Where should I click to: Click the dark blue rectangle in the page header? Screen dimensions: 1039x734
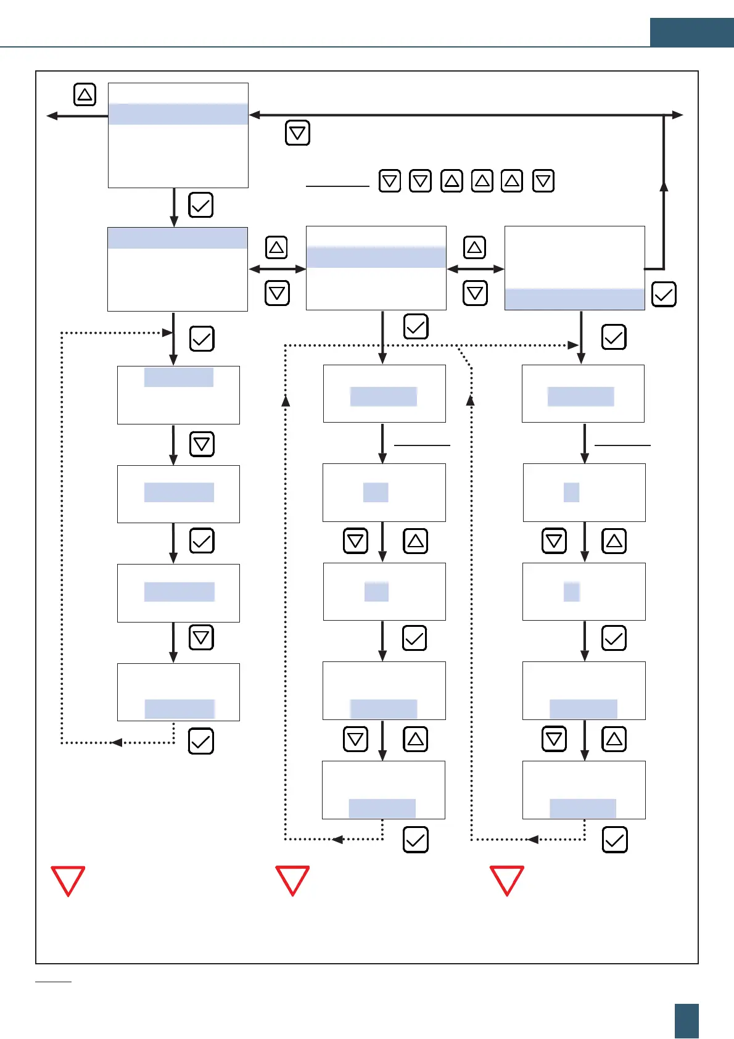click(691, 33)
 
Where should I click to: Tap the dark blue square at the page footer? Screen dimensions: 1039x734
click(687, 1020)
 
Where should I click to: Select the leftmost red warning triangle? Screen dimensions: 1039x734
click(68, 880)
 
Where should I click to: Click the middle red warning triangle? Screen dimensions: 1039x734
click(292, 880)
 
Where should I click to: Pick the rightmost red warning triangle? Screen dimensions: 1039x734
click(507, 880)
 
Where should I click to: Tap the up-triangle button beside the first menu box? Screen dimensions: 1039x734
click(85, 94)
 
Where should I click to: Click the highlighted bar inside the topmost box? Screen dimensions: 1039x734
click(178, 114)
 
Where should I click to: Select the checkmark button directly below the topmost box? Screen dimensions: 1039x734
click(200, 205)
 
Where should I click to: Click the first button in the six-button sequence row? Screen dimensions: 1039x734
click(390, 181)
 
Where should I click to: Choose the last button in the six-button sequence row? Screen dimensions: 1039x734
click(543, 181)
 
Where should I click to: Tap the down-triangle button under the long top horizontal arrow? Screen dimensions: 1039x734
click(297, 133)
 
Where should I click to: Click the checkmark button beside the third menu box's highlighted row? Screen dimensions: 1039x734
click(664, 294)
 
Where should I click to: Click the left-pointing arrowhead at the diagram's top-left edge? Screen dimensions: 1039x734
click(52, 115)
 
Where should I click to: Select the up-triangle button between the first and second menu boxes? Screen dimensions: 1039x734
click(276, 247)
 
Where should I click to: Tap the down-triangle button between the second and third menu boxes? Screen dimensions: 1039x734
click(475, 292)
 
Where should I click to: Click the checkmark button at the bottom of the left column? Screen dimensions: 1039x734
click(200, 742)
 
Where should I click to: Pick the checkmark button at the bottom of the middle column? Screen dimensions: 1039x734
click(415, 840)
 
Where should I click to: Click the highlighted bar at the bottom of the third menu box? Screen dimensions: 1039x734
click(574, 299)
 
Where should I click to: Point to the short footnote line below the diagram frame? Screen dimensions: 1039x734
click(54, 981)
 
